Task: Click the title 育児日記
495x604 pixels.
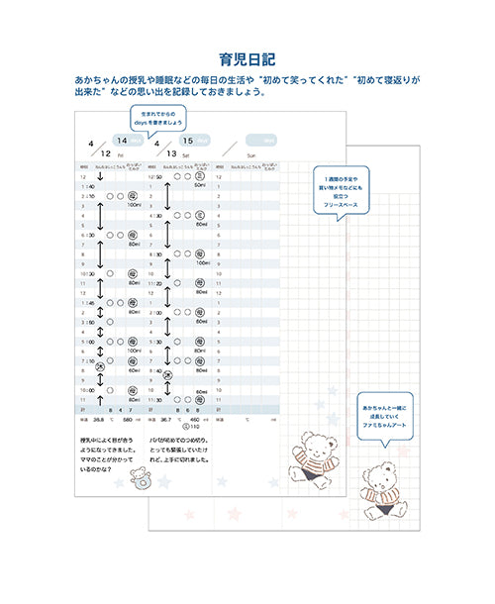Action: [247, 58]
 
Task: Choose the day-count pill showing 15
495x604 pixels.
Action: [194, 141]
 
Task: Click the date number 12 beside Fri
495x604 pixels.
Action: [105, 153]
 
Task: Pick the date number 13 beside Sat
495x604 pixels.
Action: [172, 153]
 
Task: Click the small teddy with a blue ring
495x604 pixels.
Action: [139, 480]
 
